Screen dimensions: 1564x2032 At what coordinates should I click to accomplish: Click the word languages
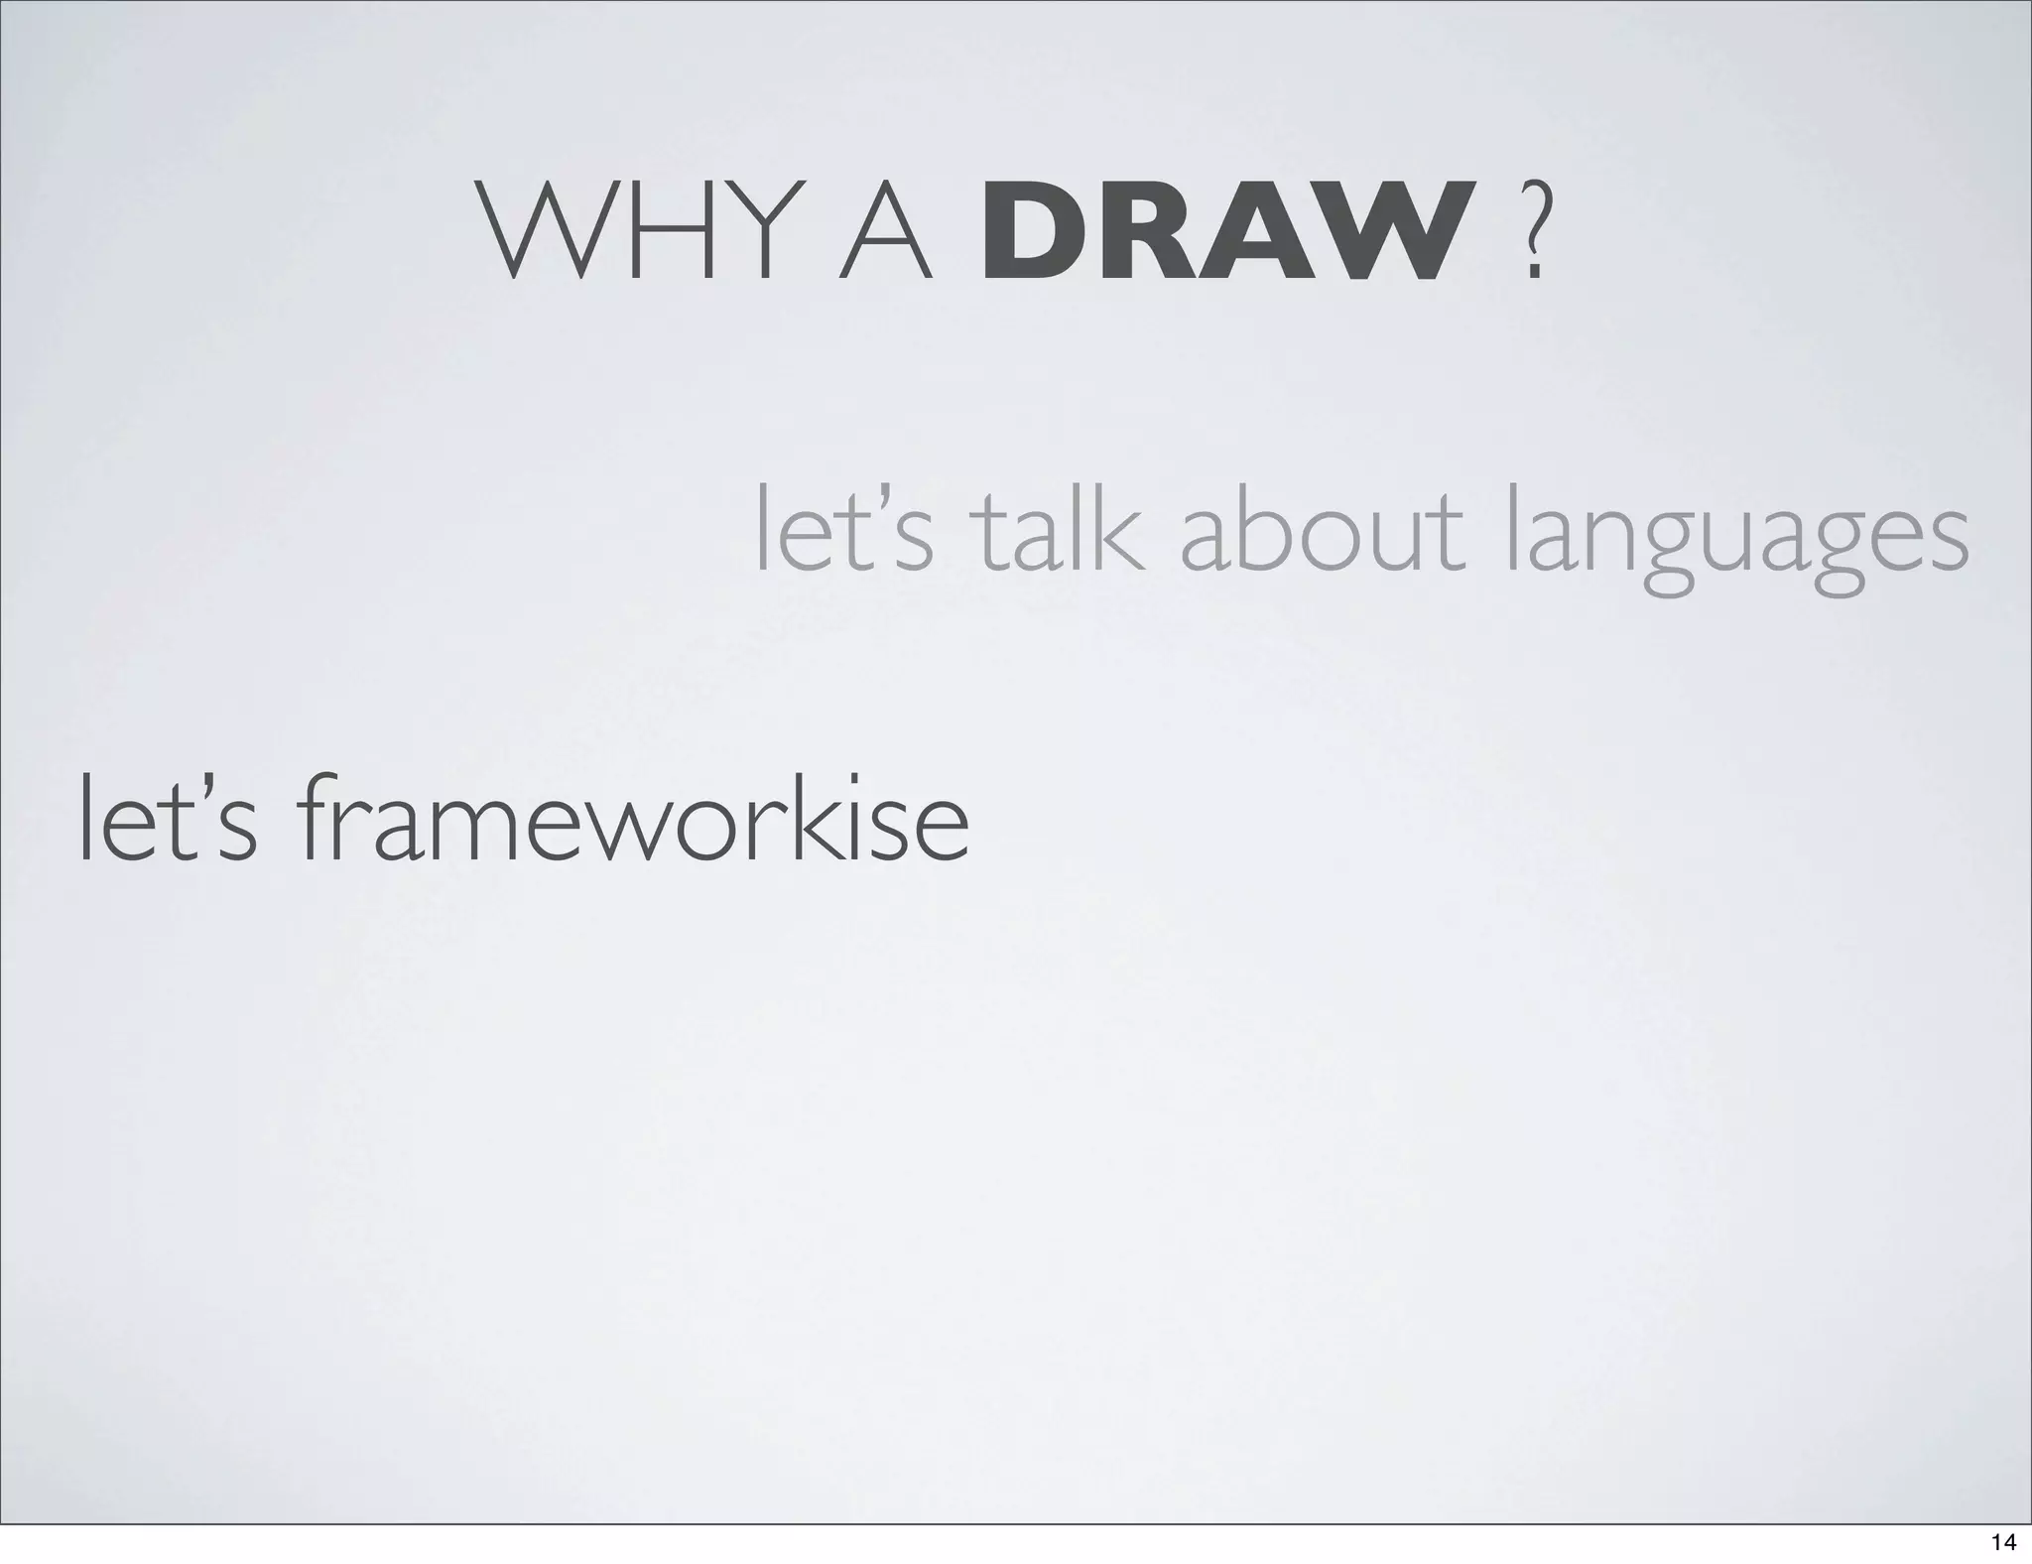tap(1736, 541)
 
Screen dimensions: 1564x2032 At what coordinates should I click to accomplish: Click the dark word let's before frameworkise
tap(168, 823)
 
